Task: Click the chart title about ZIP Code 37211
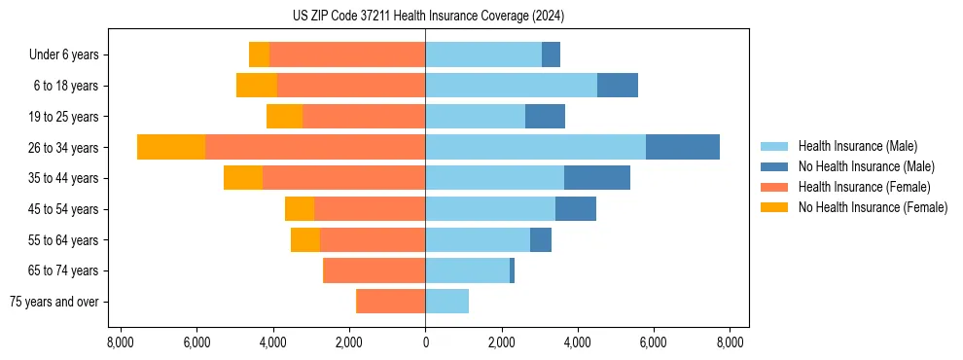(x=428, y=17)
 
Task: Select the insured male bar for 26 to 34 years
(x=535, y=147)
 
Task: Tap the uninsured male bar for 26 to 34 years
(x=683, y=147)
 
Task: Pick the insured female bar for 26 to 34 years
(x=315, y=147)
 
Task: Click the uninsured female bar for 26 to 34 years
(x=171, y=147)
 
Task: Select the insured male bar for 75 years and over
(x=447, y=302)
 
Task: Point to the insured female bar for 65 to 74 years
(x=374, y=270)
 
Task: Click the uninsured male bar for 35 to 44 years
(x=597, y=178)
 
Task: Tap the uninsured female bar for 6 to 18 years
(x=257, y=86)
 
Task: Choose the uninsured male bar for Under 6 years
(x=551, y=54)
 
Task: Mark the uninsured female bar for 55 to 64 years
(x=305, y=239)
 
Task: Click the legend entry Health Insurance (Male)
(x=857, y=146)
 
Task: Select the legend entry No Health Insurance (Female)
(x=873, y=207)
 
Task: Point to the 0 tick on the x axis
(x=425, y=342)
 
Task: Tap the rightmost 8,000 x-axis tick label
(x=730, y=342)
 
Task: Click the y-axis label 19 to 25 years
(x=64, y=117)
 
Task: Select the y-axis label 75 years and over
(x=54, y=302)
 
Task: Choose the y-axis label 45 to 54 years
(x=64, y=209)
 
